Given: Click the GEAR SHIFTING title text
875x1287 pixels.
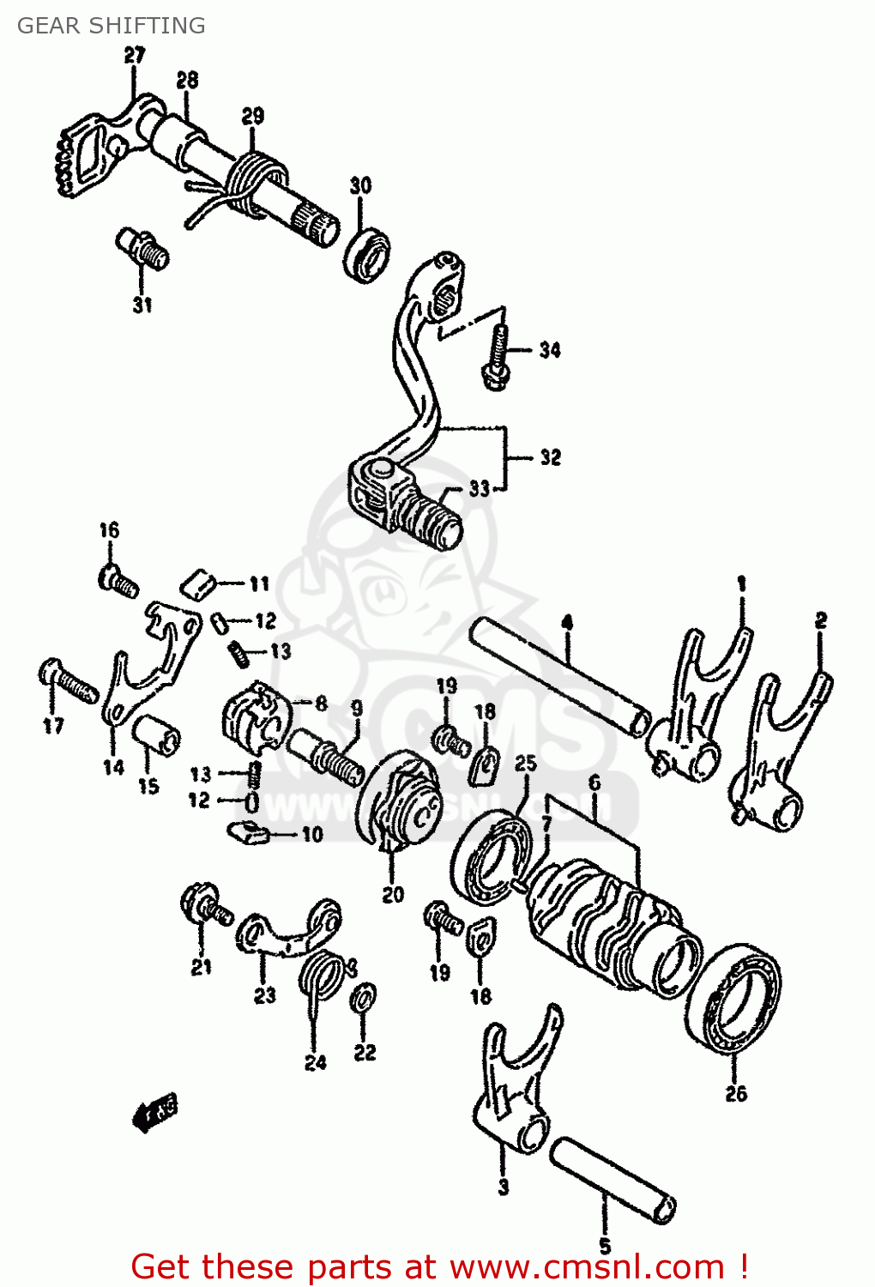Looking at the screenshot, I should (111, 26).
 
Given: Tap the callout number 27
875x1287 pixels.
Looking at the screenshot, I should (135, 56).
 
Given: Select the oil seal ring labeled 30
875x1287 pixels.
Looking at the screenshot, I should (368, 254).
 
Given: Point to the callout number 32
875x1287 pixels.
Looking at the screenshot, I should (550, 457).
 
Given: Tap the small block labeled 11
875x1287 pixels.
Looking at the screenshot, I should (198, 585).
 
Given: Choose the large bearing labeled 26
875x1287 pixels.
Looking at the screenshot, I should (733, 995).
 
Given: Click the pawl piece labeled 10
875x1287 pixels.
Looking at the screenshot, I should (250, 831).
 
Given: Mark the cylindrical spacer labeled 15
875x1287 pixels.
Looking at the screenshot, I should (156, 734).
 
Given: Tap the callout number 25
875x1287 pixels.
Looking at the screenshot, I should (526, 763).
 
